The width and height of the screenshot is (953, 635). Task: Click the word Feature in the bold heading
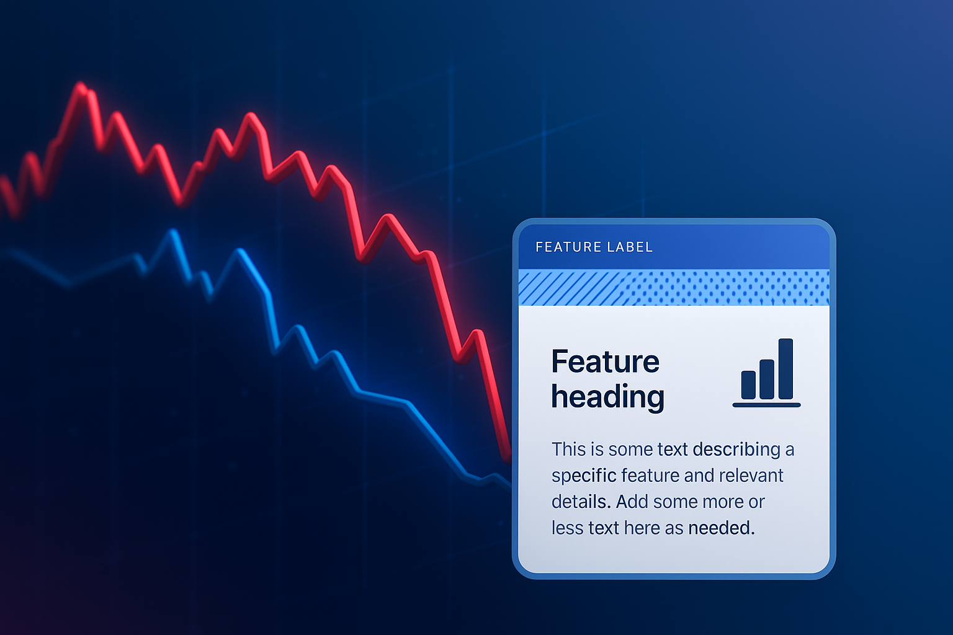click(606, 362)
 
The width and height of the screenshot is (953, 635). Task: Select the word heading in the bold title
click(608, 397)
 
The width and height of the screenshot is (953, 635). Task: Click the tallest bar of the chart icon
click(786, 369)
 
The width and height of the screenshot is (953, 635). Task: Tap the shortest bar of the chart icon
click(748, 385)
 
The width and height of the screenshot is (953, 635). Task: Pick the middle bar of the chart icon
click(767, 380)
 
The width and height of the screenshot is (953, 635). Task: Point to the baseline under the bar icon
click(767, 405)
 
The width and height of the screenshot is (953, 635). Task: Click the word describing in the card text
click(736, 450)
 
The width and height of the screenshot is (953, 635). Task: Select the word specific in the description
click(584, 476)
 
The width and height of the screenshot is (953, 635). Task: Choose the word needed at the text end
click(722, 528)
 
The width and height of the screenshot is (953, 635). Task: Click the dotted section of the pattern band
click(730, 288)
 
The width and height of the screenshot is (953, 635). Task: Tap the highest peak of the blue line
click(172, 232)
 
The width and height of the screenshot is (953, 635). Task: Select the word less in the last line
click(568, 528)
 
